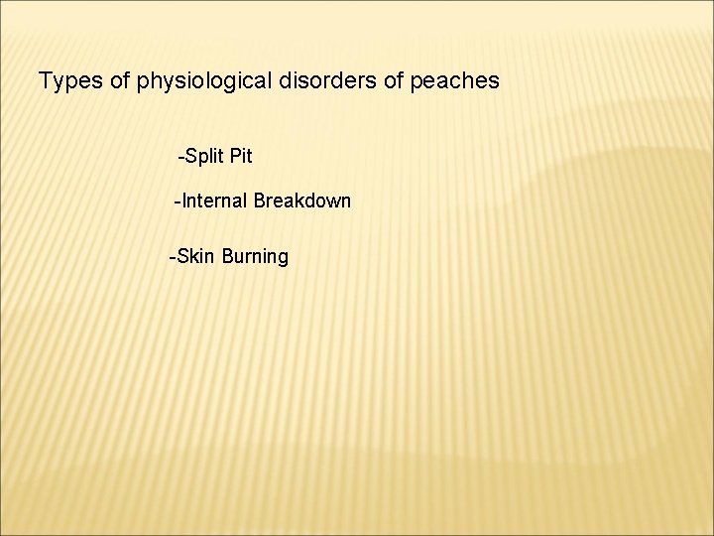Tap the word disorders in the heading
pyautogui.click(x=331, y=80)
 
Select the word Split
pyautogui.click(x=203, y=156)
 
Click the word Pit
pyautogui.click(x=241, y=156)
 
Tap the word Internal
pyautogui.click(x=213, y=201)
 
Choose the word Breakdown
pyautogui.click(x=302, y=201)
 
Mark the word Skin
pyautogui.click(x=196, y=257)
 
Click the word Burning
pyautogui.click(x=256, y=257)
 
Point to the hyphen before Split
pyautogui.click(x=179, y=157)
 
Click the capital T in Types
pyautogui.click(x=44, y=80)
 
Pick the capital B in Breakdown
pyautogui.click(x=260, y=201)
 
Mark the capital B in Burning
pyautogui.click(x=228, y=257)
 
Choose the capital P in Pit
pyautogui.click(x=234, y=156)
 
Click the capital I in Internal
pyautogui.click(x=183, y=201)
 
